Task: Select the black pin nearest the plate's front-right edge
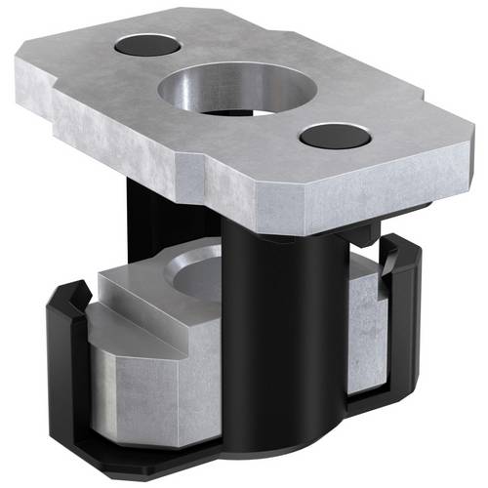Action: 334,136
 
